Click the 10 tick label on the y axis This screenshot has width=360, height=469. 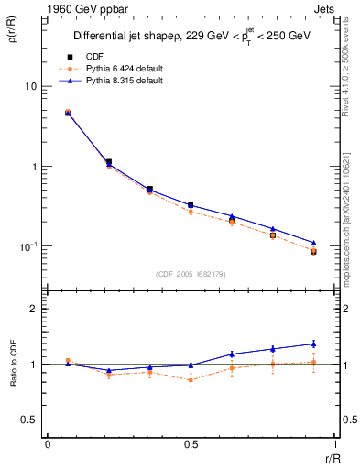30,86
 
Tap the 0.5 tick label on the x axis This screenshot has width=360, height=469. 191,445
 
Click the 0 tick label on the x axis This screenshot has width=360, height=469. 48,445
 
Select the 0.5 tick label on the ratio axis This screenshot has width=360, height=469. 28,420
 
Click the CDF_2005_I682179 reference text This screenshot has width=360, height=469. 191,273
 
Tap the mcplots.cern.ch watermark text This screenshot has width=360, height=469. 351,220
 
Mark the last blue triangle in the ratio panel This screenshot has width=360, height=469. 313,344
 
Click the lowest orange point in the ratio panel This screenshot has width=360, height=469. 191,380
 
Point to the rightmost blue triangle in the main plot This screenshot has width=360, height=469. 313,243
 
